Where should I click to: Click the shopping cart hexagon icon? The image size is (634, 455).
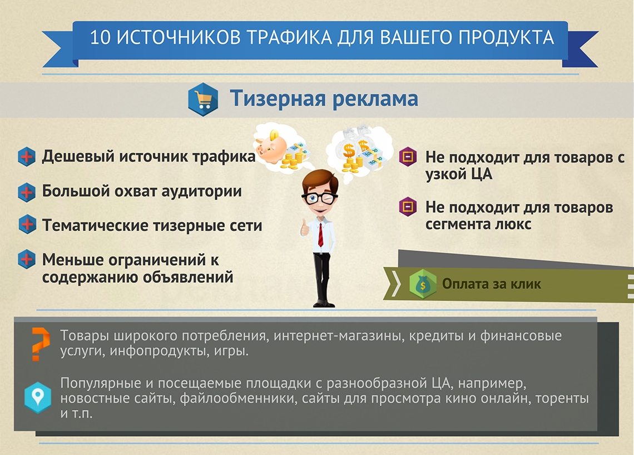click(x=203, y=99)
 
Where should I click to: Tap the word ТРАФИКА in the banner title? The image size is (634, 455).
click(x=290, y=38)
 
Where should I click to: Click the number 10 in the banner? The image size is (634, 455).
click(x=100, y=38)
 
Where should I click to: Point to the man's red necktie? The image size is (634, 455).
click(x=320, y=235)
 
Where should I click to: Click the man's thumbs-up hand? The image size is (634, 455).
click(x=304, y=228)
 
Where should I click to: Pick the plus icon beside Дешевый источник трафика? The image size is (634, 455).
click(x=27, y=157)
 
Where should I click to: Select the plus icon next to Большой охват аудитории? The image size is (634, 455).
click(x=27, y=192)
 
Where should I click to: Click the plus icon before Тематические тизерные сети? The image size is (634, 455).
click(x=27, y=224)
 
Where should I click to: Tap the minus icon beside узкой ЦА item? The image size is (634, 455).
click(x=408, y=156)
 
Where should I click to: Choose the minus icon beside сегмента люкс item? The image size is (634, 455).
click(x=408, y=207)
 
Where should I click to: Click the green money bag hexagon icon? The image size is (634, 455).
click(x=423, y=284)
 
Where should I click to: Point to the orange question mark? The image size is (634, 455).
click(x=41, y=344)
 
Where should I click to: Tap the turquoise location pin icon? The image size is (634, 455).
click(x=38, y=397)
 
